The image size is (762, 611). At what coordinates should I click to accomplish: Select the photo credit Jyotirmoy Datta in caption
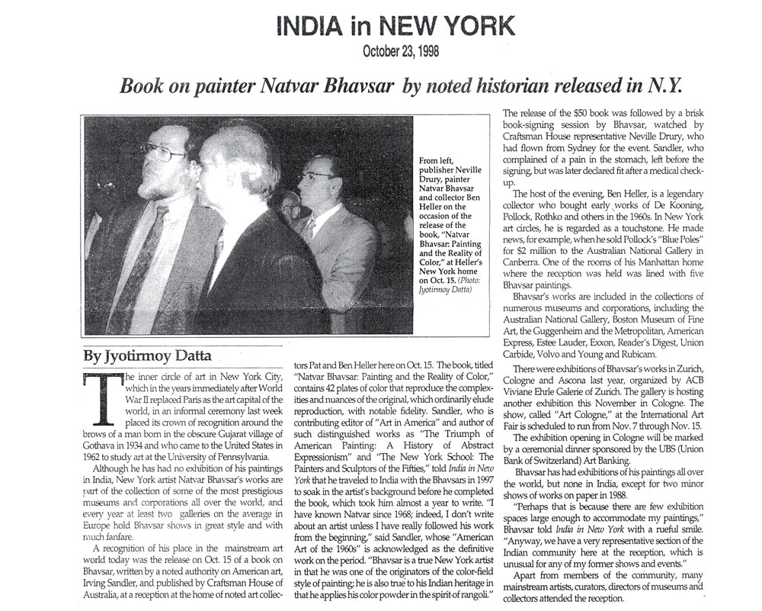pyautogui.click(x=447, y=291)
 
